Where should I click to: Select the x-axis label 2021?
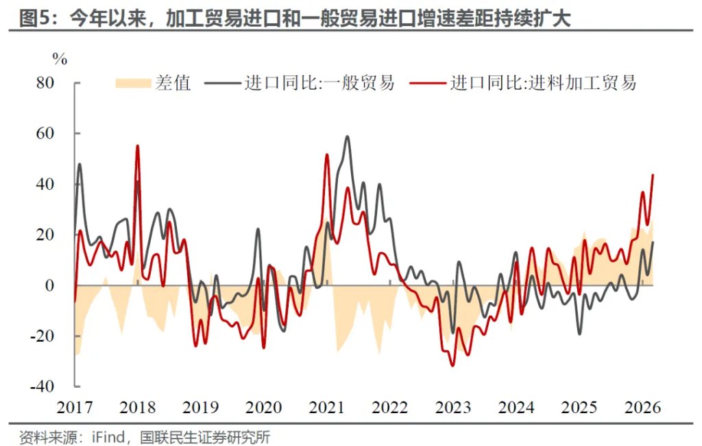[x=326, y=408]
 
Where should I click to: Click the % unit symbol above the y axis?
[x=60, y=60]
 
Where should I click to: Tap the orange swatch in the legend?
[x=132, y=84]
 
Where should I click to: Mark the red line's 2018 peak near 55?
[x=138, y=145]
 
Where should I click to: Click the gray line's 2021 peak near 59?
[x=347, y=136]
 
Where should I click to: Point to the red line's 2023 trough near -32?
[x=452, y=366]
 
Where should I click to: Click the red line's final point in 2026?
[x=653, y=175]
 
